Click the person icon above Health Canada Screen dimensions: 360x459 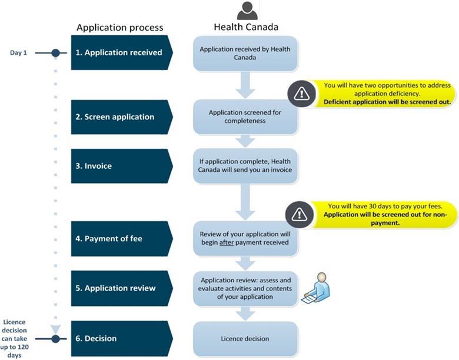[x=247, y=11]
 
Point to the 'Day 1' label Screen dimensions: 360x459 [x=19, y=53]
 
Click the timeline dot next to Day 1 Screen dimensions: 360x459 [x=56, y=53]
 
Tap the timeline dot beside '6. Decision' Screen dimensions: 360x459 [x=56, y=338]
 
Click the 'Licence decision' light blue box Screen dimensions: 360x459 [x=245, y=338]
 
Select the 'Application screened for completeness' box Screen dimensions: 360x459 [x=245, y=116]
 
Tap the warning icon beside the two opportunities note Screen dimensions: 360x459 [x=301, y=93]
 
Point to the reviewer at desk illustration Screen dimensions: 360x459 [x=317, y=288]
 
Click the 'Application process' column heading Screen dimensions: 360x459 [x=119, y=28]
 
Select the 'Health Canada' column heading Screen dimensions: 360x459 [x=246, y=27]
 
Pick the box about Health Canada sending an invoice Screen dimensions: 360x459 [x=245, y=166]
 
